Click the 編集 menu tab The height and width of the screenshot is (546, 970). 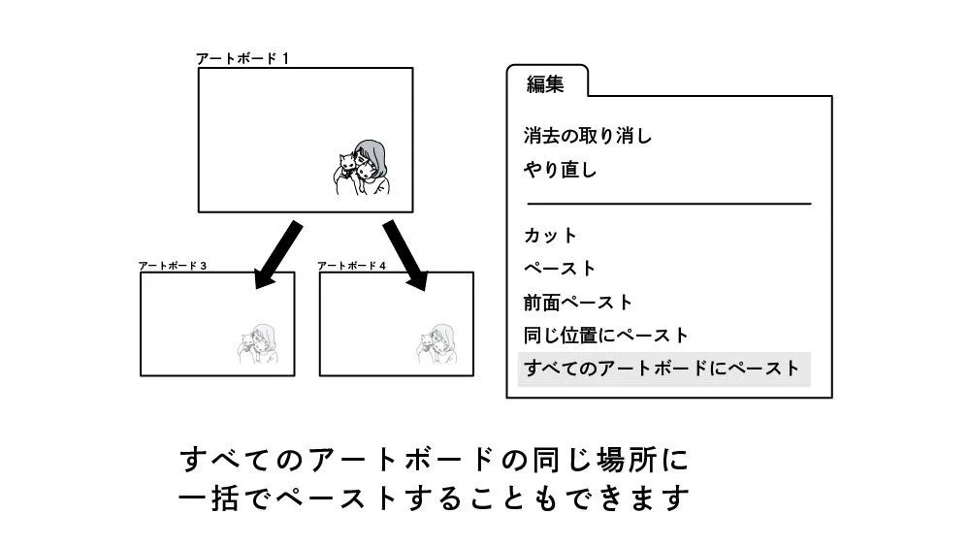tap(545, 84)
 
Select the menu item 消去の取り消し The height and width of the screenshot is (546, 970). tap(588, 136)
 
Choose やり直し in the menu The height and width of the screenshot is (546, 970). tap(561, 171)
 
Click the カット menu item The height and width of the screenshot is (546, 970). tap(550, 236)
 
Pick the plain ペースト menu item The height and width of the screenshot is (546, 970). tap(560, 269)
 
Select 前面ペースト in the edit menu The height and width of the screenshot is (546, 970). tap(578, 303)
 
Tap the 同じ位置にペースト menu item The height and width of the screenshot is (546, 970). tap(606, 336)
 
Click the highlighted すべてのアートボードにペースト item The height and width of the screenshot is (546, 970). tap(663, 369)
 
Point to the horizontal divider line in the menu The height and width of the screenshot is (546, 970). tap(668, 204)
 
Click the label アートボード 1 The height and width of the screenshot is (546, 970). tap(242, 58)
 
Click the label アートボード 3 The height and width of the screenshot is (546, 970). tap(173, 265)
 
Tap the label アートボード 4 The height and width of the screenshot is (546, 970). tap(352, 265)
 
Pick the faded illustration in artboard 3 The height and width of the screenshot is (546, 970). tap(259, 344)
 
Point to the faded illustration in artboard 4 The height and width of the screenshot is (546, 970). tap(439, 344)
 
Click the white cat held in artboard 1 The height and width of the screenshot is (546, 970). tap(343, 167)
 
